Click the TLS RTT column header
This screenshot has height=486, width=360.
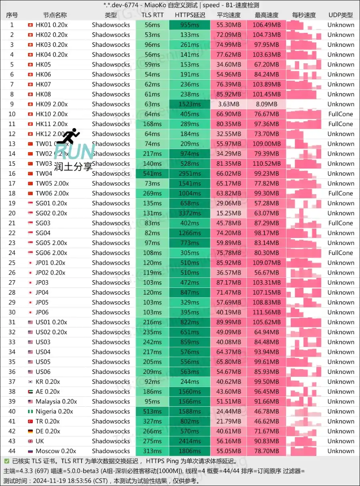152,15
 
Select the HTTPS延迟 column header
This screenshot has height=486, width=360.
190,15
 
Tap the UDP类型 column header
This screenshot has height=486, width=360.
340,15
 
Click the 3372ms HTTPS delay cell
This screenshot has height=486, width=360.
190,213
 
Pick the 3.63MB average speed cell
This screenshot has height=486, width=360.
229,104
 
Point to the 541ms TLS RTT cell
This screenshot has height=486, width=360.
152,173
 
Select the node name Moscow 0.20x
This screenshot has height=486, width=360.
56,451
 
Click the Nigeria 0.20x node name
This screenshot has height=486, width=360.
54,411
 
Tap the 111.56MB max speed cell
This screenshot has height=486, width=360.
267,312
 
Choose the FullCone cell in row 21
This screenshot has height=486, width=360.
340,223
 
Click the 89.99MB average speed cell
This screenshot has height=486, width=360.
229,322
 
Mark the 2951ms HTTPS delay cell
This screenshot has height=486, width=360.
190,173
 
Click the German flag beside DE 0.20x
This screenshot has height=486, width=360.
30,431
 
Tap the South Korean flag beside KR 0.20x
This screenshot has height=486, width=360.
30,382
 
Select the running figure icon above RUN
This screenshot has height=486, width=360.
69,136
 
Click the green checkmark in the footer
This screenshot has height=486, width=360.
6,461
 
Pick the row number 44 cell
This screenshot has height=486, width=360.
12,451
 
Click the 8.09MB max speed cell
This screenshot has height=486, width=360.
267,104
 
